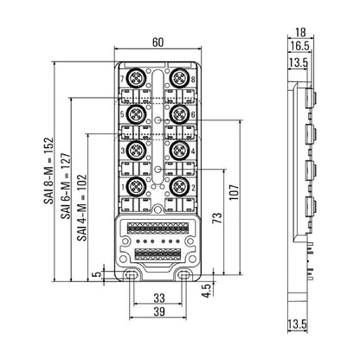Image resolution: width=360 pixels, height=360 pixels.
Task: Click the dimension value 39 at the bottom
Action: (157, 311)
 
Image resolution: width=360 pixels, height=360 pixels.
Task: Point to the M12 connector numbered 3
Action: (135, 150)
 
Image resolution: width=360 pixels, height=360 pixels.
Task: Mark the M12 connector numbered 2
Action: (178, 186)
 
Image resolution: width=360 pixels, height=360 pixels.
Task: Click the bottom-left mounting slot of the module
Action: (130, 275)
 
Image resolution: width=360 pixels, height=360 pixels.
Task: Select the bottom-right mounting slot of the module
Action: (183, 275)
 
